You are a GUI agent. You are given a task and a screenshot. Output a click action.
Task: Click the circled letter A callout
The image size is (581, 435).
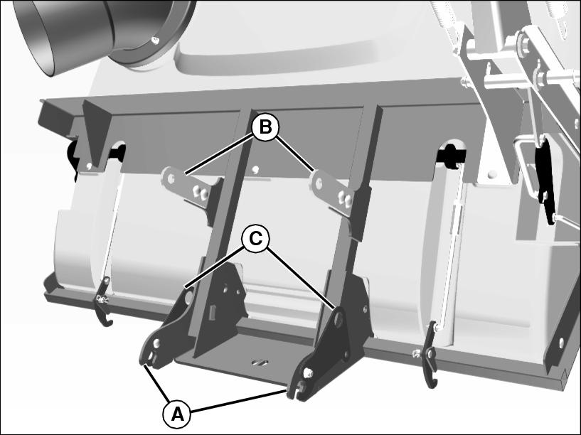[x=177, y=414]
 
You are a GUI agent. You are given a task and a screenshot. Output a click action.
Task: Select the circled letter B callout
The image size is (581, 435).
[x=265, y=127]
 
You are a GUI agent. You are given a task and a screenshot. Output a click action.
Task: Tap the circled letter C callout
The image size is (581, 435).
[x=256, y=239]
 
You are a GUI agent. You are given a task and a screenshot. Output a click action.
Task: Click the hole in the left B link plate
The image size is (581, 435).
[x=171, y=178]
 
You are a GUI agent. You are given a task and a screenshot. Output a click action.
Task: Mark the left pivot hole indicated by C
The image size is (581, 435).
[x=189, y=296]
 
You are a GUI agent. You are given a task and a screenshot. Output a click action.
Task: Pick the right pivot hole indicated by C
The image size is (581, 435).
[x=338, y=318]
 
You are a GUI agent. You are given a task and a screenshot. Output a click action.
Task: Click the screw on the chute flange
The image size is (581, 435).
[x=156, y=39]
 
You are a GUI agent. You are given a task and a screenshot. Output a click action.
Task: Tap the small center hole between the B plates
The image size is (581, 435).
[x=255, y=170]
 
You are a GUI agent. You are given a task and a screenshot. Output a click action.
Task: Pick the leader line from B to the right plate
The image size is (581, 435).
[x=295, y=154]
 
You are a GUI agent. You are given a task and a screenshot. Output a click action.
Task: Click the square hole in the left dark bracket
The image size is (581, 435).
[x=213, y=312]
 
